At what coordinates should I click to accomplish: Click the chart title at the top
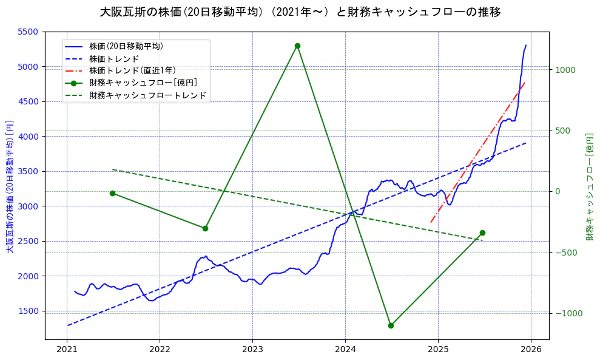coord(300,12)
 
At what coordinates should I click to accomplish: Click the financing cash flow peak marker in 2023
coord(297,46)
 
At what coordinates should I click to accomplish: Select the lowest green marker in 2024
coord(391,325)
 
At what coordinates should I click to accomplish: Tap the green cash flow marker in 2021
coord(112,193)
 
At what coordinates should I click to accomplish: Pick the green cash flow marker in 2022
coord(205,228)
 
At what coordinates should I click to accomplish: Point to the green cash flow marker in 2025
coord(482,233)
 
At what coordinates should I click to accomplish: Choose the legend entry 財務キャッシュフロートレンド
coord(147,95)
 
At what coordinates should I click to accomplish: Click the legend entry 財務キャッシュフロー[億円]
coord(143,83)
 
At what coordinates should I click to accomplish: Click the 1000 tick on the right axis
coord(564,70)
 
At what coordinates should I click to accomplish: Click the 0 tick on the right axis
coord(559,191)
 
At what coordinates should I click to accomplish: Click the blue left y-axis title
coord(10,186)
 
